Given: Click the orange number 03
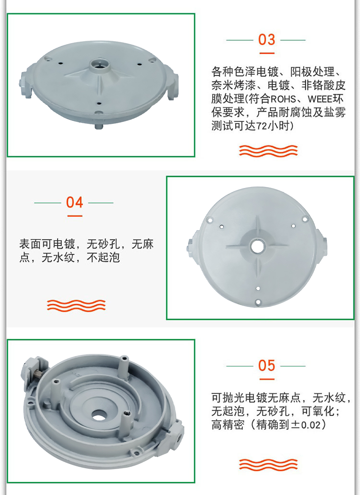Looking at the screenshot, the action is click(266, 40).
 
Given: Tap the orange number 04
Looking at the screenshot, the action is click(74, 202).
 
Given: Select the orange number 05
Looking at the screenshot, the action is click(266, 365).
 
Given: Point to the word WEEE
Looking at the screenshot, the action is click(320, 99).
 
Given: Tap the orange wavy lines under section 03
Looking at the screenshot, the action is click(268, 151).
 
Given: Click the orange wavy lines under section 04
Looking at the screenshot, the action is click(76, 305).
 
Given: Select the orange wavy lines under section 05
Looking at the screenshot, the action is click(268, 464).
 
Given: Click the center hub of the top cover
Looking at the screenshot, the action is click(99, 65).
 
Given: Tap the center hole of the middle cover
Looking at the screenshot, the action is click(257, 246).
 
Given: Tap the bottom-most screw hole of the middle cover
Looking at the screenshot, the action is click(258, 302).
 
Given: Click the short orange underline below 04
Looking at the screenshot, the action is click(74, 216).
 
